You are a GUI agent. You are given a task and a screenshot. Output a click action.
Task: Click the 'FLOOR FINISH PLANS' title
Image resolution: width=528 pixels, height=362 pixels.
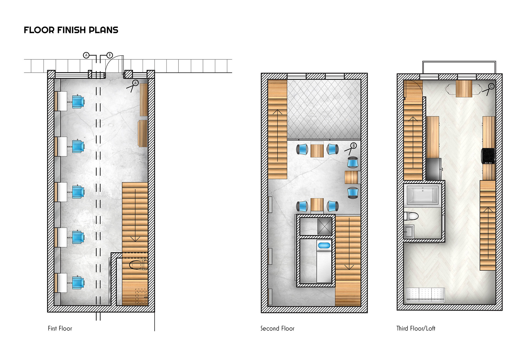click(71, 30)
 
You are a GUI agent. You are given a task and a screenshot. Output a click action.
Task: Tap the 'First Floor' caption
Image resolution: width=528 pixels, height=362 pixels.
click(60, 328)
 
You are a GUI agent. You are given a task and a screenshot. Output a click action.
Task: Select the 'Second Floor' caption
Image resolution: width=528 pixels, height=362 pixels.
click(277, 328)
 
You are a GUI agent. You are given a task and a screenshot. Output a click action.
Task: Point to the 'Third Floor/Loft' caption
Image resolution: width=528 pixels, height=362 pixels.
click(416, 328)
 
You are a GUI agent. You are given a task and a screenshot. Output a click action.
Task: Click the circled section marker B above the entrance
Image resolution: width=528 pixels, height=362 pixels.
click(110, 55)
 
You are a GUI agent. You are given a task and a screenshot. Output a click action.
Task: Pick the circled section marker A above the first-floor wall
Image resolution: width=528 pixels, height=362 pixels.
click(86, 55)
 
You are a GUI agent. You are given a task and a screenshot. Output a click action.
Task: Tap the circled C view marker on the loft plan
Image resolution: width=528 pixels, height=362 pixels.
click(491, 86)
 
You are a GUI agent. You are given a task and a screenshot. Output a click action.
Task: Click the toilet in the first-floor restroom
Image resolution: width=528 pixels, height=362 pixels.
click(139, 265)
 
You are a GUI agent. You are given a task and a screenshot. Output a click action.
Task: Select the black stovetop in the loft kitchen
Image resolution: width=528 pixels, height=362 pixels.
click(488, 156)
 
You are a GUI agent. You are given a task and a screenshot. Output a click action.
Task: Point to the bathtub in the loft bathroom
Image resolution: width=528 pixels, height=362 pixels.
click(423, 195)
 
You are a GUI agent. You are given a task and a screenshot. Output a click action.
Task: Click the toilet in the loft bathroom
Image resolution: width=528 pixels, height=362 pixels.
click(411, 216)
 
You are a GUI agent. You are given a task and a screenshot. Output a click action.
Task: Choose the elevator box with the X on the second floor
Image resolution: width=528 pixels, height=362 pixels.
click(324, 226)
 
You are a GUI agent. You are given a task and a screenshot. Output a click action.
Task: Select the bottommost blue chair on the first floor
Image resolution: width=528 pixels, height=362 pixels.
click(78, 282)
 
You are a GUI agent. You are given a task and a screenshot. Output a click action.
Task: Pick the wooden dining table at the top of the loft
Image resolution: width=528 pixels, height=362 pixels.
click(464, 89)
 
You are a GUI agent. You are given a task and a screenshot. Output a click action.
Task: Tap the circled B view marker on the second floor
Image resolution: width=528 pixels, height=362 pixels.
click(354, 146)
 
